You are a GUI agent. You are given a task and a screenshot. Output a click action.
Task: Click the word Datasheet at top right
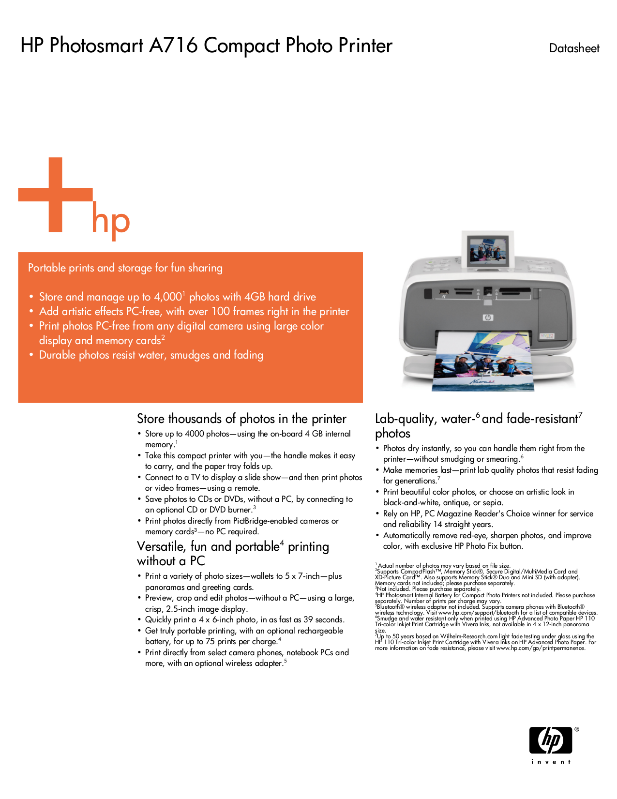tap(574, 48)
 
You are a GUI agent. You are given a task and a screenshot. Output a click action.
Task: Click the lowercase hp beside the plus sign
tap(111, 222)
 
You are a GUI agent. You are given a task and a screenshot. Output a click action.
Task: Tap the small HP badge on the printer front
tap(488, 317)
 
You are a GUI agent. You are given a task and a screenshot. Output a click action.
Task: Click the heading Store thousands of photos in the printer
tap(241, 419)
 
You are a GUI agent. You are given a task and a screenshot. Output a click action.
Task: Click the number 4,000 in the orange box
tap(167, 297)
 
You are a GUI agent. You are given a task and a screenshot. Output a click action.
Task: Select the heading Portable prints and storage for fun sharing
tap(125, 268)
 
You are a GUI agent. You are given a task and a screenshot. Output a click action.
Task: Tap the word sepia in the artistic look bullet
tap(492, 502)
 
